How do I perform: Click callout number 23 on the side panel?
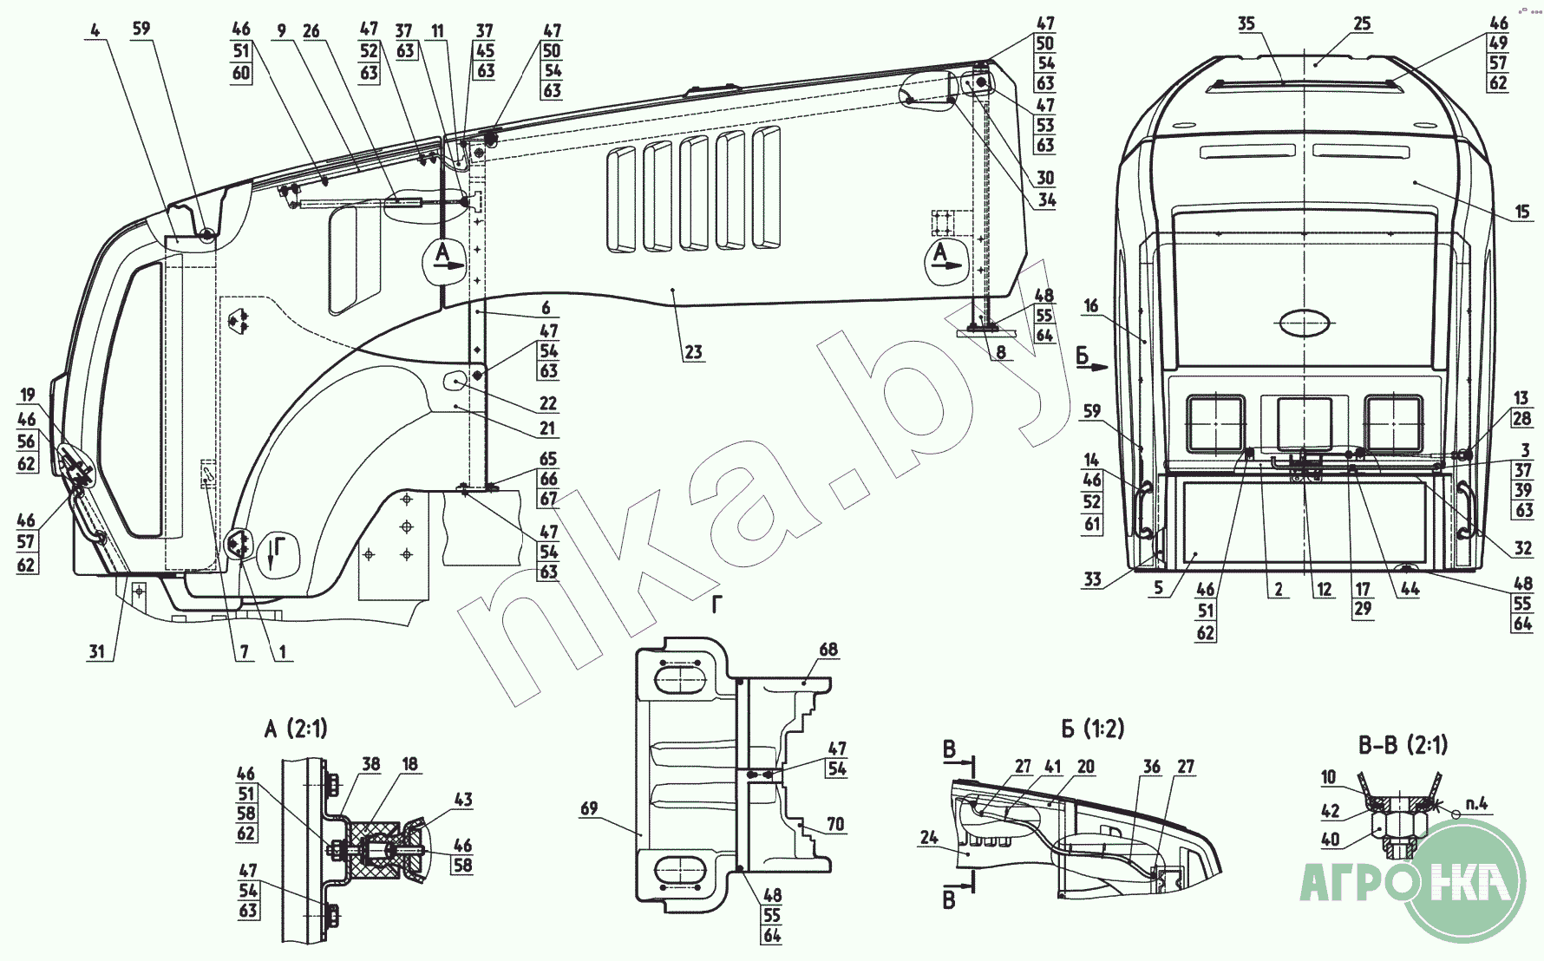coord(693,352)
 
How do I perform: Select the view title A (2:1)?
coord(296,729)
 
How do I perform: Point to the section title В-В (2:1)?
coord(1403,744)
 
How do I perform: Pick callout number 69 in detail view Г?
coord(589,808)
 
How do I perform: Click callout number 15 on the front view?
coord(1522,211)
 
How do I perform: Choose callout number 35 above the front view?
coord(1246,23)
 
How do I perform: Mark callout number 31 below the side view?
coord(97,651)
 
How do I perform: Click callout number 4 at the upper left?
coord(95,30)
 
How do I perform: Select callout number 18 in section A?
coord(409,764)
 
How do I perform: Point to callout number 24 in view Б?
coord(929,839)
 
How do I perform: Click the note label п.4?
coord(1475,804)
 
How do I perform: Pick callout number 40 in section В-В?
coord(1330,839)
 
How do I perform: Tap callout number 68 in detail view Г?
coord(828,650)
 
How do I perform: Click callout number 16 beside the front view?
coord(1091,305)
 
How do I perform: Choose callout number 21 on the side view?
coord(547,428)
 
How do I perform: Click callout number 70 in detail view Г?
coord(834,824)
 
